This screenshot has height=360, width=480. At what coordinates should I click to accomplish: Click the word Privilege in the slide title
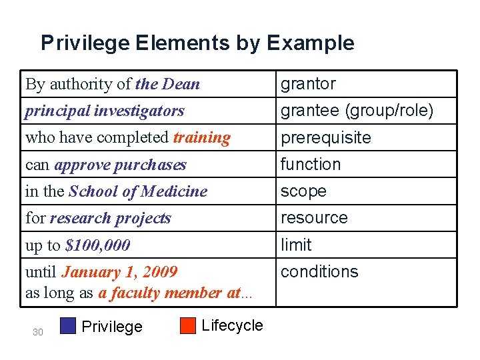[x=85, y=43]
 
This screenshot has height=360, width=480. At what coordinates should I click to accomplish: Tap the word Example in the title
[x=311, y=43]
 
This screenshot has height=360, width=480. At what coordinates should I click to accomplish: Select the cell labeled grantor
[x=308, y=84]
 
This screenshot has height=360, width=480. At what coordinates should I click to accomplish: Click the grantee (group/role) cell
[x=357, y=111]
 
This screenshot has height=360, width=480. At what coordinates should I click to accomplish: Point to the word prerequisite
[x=325, y=138]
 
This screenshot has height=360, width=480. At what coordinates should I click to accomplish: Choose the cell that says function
[x=311, y=164]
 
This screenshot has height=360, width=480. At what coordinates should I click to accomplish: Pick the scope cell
[x=303, y=191]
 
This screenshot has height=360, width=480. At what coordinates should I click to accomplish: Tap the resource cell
[x=314, y=218]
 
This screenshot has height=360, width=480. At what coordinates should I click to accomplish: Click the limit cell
[x=296, y=245]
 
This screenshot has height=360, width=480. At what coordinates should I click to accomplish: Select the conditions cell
[x=319, y=272]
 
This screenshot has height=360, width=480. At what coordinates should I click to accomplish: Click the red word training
[x=201, y=138]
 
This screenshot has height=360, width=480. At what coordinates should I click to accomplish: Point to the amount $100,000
[x=97, y=245]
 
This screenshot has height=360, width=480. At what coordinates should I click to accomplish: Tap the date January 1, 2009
[x=119, y=272]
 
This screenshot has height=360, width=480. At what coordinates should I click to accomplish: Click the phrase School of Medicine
[x=138, y=191]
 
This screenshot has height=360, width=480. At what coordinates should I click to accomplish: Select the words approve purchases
[x=120, y=165]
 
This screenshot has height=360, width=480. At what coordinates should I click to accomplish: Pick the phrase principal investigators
[x=105, y=111]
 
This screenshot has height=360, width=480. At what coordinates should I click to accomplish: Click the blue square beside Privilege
[x=68, y=325]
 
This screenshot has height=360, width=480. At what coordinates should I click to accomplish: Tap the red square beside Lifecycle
[x=188, y=325]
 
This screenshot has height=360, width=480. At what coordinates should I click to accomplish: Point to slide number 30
[x=38, y=332]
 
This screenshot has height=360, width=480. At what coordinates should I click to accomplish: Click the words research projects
[x=110, y=219]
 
